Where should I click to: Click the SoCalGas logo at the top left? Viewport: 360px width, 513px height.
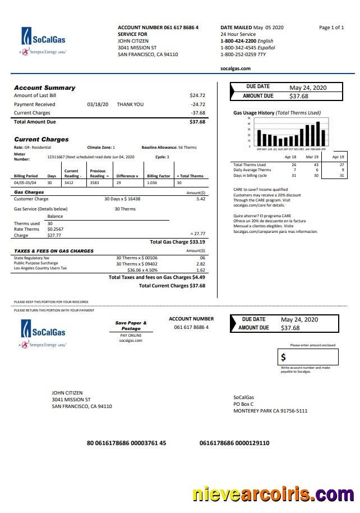click(x=44, y=40)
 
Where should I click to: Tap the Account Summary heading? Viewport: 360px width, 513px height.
click(x=44, y=88)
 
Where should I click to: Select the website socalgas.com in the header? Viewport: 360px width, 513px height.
click(x=235, y=68)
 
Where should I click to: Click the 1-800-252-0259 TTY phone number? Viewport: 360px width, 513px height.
click(x=243, y=54)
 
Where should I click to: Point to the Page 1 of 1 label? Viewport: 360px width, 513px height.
click(x=331, y=28)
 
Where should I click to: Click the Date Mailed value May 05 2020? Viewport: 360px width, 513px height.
click(x=269, y=28)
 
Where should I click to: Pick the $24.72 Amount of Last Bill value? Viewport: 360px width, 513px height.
click(x=197, y=95)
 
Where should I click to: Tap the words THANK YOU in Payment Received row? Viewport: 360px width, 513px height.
click(x=130, y=104)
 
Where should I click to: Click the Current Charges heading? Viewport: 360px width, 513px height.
click(x=41, y=139)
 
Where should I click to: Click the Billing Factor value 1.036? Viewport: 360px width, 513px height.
click(x=151, y=183)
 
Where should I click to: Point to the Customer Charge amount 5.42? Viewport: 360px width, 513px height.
click(x=201, y=199)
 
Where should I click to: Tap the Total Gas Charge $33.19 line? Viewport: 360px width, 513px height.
click(x=177, y=242)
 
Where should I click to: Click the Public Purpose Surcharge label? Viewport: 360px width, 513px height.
click(x=36, y=263)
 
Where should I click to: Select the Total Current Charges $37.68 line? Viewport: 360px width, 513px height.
click(x=172, y=286)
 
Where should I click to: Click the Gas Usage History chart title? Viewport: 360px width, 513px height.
click(x=276, y=113)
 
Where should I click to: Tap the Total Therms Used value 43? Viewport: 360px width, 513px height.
click(x=316, y=165)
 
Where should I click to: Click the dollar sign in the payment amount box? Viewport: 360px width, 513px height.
click(x=284, y=357)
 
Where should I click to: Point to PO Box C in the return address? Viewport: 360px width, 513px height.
click(x=243, y=404)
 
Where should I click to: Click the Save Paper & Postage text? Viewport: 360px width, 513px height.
click(x=131, y=326)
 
